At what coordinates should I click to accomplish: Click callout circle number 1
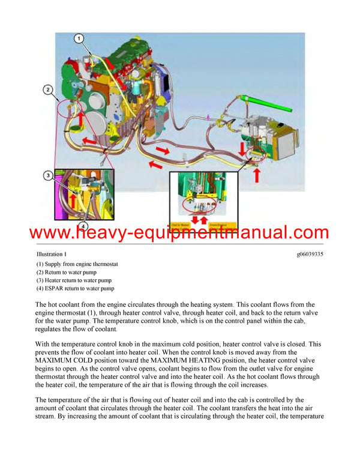click(79, 38)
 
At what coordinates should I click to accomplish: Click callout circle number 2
click(47, 90)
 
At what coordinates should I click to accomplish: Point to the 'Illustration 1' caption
click(52, 255)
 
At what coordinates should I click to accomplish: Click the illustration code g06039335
click(310, 255)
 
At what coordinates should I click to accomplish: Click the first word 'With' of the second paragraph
click(44, 344)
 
